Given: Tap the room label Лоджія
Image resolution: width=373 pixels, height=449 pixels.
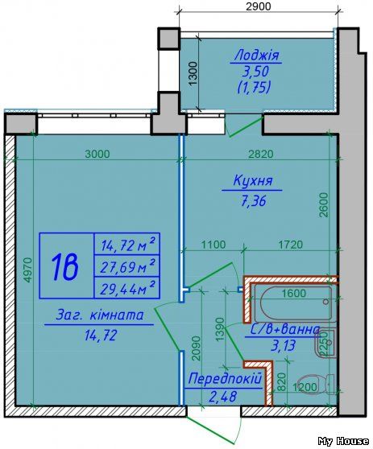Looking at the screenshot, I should click(255, 56).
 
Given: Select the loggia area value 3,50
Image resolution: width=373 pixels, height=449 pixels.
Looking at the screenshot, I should click(255, 72).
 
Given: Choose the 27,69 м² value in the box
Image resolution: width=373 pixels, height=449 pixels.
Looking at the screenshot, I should click(126, 266).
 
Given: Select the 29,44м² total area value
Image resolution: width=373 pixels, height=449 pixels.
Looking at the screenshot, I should click(126, 286).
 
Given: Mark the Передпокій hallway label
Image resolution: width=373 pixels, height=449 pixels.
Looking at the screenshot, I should click(223, 378).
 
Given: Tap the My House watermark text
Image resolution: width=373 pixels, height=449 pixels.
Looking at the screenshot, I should click(343, 441).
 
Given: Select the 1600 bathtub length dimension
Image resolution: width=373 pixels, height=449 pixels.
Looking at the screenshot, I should click(294, 294).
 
